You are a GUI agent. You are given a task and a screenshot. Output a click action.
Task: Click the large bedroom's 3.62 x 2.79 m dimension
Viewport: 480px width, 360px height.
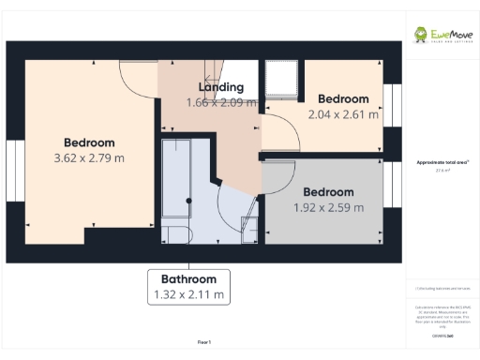point(90,158)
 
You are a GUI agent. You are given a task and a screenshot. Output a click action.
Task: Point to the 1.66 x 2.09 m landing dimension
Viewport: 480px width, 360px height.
point(221,103)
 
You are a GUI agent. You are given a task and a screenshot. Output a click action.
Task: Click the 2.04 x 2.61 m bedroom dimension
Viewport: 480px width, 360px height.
point(343,114)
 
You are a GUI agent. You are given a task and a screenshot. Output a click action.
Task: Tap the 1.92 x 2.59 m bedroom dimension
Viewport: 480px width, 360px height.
point(328,207)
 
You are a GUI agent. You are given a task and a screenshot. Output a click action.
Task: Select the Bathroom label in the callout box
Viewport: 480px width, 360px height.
point(188,279)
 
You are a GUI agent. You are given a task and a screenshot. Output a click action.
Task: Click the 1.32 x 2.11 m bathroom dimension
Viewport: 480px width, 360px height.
point(188,294)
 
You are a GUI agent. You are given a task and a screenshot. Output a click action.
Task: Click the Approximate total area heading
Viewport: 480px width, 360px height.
point(441,162)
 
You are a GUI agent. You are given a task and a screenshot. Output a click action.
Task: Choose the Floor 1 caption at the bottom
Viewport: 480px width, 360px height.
point(204,342)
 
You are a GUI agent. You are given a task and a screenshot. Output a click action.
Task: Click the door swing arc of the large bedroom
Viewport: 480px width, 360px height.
point(131,80)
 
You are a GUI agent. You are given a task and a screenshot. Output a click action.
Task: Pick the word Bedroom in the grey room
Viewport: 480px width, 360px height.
point(328,191)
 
